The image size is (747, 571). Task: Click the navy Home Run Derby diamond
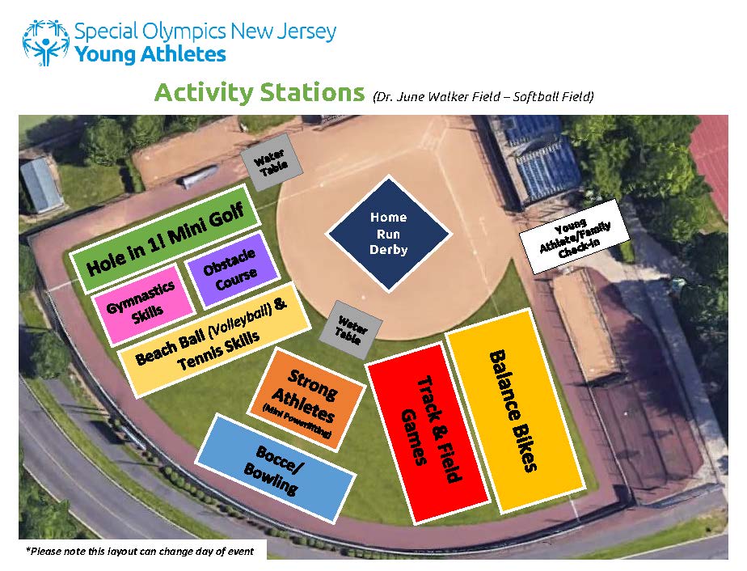click(389, 234)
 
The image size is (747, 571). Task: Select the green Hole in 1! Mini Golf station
click(164, 237)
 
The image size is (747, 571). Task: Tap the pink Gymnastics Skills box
click(143, 303)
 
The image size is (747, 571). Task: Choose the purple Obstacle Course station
click(233, 269)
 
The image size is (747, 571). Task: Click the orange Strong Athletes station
click(306, 400)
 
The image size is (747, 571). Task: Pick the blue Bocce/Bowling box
click(276, 468)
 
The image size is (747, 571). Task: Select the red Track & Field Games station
click(428, 433)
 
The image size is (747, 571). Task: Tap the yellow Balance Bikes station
click(516, 411)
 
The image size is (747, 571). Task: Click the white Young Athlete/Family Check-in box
click(574, 237)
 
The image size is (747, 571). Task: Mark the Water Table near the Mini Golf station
click(271, 161)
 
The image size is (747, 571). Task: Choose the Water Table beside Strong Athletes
click(350, 329)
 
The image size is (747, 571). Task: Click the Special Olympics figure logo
click(45, 42)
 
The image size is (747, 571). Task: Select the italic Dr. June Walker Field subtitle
click(483, 97)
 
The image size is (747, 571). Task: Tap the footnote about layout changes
click(140, 552)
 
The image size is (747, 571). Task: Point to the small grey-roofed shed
click(42, 185)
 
